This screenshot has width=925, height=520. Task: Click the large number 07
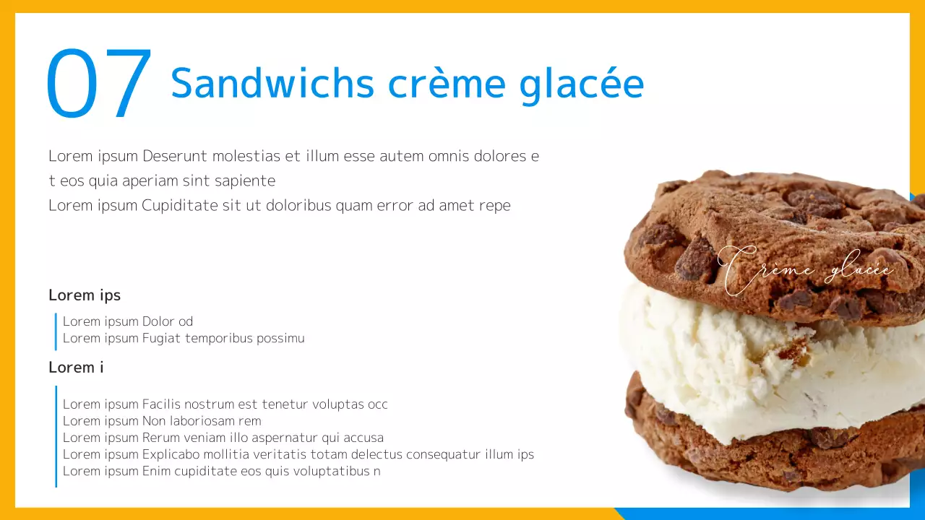[99, 84]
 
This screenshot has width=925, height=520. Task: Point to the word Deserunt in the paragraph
[175, 156]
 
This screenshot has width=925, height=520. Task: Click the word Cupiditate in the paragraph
[180, 205]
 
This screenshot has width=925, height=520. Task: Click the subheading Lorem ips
[85, 295]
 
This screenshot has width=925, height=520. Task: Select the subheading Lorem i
[76, 367]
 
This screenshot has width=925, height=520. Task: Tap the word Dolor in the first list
[158, 321]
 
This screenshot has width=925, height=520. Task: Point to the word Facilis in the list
[163, 404]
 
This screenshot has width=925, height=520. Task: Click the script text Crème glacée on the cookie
[806, 271]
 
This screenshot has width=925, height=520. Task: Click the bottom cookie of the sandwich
[759, 455]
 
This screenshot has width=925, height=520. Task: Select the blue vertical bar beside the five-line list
[56, 436]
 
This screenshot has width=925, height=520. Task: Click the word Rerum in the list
[161, 438]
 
